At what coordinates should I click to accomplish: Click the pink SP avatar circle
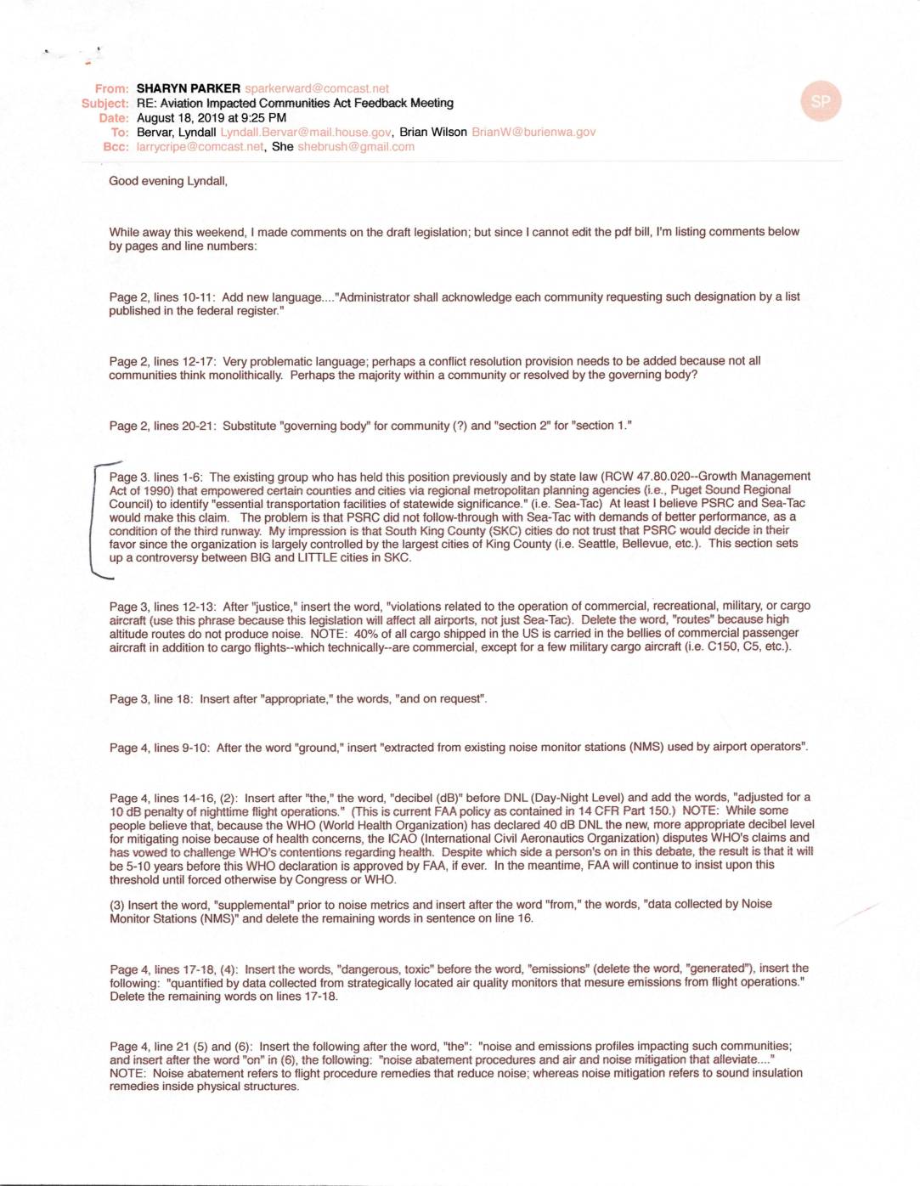coord(820,102)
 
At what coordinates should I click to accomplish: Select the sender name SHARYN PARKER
coord(188,88)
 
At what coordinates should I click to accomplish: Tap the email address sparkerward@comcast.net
coord(317,88)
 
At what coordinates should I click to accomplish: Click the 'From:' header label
coord(112,88)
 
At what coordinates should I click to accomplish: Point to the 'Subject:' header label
coord(105,103)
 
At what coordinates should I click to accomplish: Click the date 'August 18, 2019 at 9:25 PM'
coord(211,118)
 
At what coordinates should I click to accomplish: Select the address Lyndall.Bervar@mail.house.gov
coord(305,133)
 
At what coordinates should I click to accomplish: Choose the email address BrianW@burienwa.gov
coord(533,133)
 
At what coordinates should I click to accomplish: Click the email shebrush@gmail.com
coord(356,147)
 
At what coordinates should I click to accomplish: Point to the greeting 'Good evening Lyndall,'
coord(168,181)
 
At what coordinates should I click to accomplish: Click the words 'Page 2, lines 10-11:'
coord(163,297)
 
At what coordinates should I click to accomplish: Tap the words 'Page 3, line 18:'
coord(151,699)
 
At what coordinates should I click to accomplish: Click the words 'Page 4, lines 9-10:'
coord(160,748)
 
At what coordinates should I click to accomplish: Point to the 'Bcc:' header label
coord(116,147)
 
